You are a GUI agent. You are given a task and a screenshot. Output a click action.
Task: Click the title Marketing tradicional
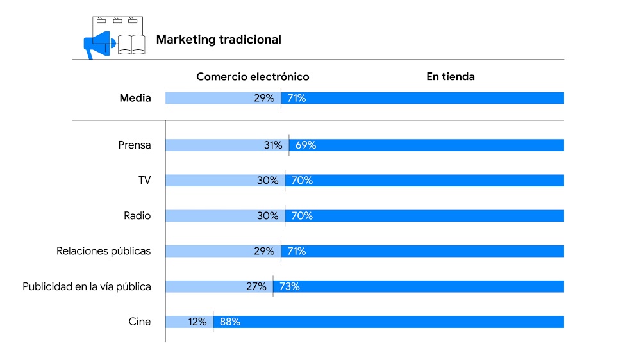tap(219, 40)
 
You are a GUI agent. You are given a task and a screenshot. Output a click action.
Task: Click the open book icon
tap(131, 44)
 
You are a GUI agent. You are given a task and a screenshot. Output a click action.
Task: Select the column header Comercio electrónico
tap(253, 77)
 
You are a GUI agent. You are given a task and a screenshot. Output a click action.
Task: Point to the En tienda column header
tap(451, 77)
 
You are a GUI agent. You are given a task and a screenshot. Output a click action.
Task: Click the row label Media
tap(135, 98)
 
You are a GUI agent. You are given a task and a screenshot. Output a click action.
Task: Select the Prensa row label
tap(135, 145)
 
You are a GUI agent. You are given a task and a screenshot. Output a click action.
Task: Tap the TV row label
tap(144, 181)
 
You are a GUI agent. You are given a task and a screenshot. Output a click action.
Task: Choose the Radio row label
tap(137, 216)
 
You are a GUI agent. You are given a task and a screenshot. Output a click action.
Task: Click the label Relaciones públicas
tap(104, 251)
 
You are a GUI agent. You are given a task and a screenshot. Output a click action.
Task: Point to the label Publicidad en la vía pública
tap(87, 286)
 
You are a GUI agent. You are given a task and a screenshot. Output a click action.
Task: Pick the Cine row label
tap(140, 322)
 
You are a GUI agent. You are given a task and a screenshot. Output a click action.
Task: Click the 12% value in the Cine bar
tap(197, 322)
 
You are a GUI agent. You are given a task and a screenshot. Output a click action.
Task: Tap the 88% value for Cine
tap(230, 322)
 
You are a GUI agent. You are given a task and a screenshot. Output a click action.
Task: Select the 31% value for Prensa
tap(273, 145)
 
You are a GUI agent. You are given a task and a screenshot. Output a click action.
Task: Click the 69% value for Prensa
tap(306, 145)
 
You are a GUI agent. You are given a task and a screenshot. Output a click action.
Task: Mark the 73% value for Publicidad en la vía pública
tap(290, 286)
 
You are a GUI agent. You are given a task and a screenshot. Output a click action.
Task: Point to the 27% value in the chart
tap(256, 286)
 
